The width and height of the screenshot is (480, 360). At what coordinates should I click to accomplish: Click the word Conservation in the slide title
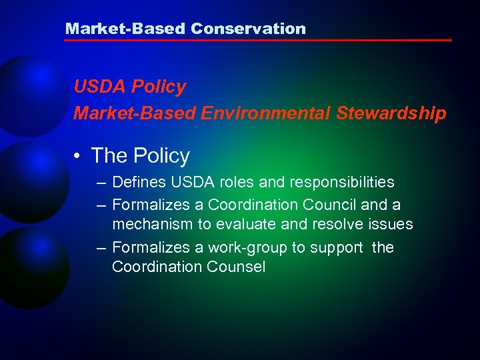(248, 29)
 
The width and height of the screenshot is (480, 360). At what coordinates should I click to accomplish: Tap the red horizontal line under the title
(257, 41)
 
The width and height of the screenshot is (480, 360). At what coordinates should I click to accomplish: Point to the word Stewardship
(391, 114)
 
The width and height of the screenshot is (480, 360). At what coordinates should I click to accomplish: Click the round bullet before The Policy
(79, 157)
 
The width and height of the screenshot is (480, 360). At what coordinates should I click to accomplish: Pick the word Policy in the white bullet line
(161, 156)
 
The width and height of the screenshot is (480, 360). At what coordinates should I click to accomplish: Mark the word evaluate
(239, 224)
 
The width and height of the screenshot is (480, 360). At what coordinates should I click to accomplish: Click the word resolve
(327, 224)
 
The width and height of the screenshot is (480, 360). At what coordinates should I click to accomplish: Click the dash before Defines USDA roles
(100, 183)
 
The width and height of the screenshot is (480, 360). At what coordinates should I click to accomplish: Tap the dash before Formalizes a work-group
(100, 249)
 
